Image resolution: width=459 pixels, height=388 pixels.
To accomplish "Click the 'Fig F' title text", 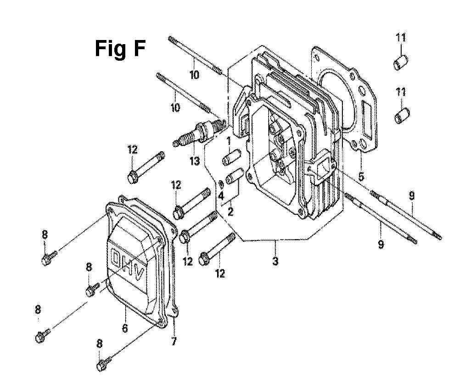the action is (120, 49).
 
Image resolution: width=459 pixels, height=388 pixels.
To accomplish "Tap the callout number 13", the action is (195, 161).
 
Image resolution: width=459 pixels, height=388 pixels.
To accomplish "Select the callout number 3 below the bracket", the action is (275, 261).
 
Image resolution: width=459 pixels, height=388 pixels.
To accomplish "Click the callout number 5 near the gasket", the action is (361, 177).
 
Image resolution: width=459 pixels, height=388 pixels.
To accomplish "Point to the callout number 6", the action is (125, 328).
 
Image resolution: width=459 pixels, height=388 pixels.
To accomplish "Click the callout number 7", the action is (174, 341).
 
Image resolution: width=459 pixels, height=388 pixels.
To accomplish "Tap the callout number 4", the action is (221, 196).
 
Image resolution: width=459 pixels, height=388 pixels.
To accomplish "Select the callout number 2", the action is (231, 211).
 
